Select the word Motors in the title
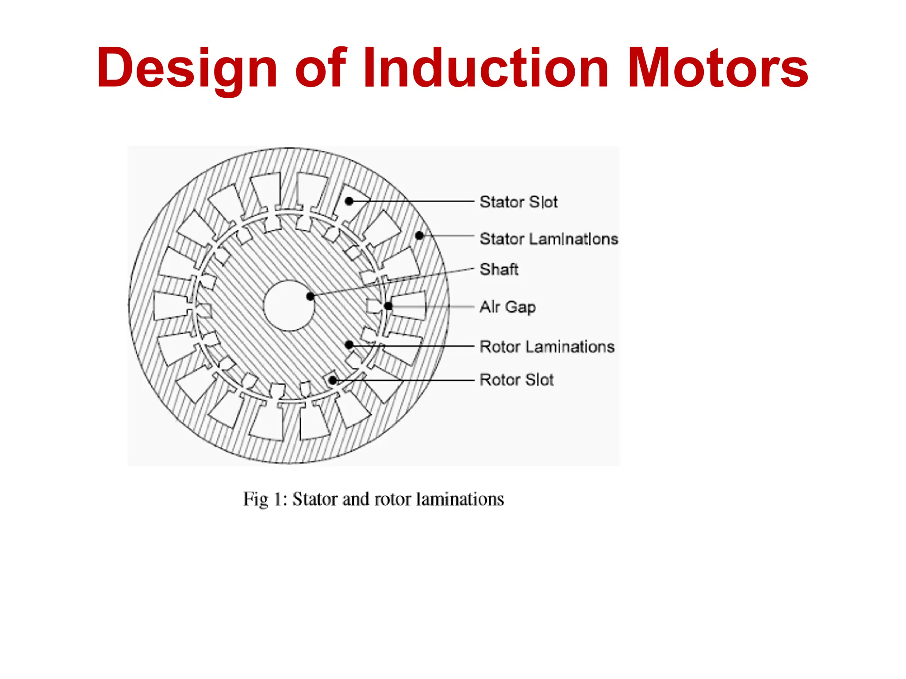coord(718,69)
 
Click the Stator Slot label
coord(518,202)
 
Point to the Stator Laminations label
coord(549,239)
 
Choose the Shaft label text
coord(499,269)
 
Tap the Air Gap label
coord(508,307)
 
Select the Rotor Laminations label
coord(547,347)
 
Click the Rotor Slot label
coord(516,380)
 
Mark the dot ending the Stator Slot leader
coord(349,201)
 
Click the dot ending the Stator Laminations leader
coord(419,236)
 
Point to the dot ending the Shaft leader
coord(311,296)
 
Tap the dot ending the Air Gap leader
coord(388,306)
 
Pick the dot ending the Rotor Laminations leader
coord(349,344)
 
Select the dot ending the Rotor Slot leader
coord(333,380)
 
